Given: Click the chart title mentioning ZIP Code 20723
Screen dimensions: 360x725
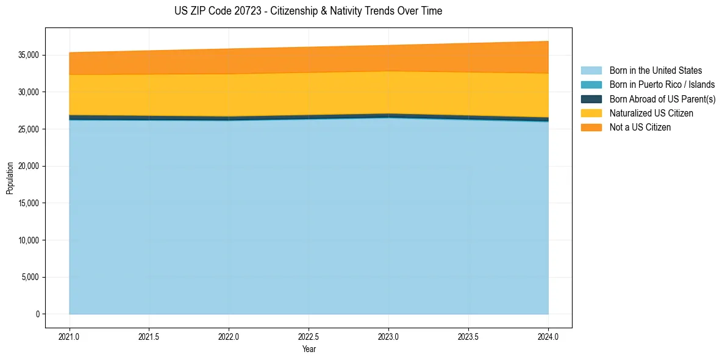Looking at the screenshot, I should pos(308,11).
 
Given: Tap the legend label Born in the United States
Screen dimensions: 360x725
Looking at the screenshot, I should pos(655,71).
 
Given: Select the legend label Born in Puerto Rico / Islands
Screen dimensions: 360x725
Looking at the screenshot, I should pos(662,85).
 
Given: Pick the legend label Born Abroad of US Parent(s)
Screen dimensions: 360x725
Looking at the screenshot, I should pos(662,99).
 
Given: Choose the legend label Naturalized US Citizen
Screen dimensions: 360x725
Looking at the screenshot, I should pos(651,113).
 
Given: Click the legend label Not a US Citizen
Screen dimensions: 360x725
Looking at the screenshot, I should pos(640,128).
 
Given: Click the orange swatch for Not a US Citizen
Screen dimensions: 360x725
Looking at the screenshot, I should pos(591,128).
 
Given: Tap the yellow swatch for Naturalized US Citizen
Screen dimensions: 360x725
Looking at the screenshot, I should pos(591,113).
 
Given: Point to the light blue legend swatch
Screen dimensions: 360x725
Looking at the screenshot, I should pos(591,71).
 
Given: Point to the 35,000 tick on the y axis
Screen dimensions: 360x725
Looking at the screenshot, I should pos(29,55).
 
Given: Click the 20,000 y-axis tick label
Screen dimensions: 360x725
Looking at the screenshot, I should pos(29,166).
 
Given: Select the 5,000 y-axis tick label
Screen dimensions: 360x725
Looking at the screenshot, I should pos(30,277).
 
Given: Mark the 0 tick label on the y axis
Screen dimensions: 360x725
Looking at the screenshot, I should pos(37,314).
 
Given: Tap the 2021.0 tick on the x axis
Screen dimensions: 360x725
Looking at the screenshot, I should pos(70,336).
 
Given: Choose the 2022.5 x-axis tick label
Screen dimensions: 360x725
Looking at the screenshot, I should pos(309,336).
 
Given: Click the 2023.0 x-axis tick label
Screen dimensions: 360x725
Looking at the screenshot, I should pos(388,336).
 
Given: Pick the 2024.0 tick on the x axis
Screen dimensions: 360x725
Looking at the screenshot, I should pos(548,336).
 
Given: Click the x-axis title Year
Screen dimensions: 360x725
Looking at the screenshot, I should pos(309,349).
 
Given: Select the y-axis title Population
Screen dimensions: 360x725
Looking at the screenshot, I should pos(10,178).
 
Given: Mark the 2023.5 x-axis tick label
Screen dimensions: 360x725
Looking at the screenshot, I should pos(468,336).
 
